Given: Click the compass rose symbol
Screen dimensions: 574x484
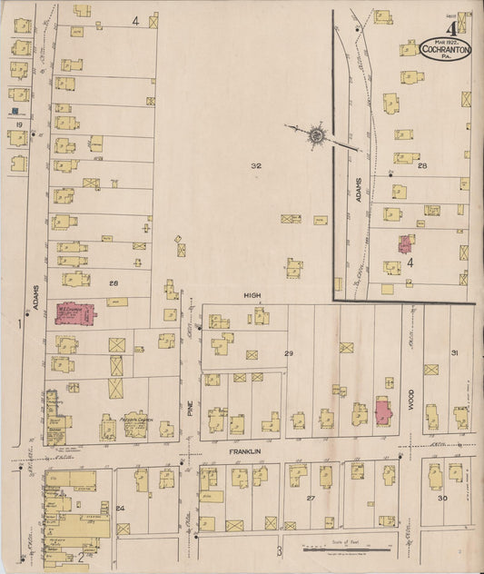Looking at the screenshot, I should tap(316, 135).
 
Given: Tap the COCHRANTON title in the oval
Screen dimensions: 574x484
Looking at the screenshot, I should tap(445, 50).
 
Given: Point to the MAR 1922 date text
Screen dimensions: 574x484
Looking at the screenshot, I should tap(445, 39).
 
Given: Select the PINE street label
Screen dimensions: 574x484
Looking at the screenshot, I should tap(190, 411).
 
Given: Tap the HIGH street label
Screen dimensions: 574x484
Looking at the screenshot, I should tap(252, 296).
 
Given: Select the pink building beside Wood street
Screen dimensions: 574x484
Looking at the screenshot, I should tap(384, 411).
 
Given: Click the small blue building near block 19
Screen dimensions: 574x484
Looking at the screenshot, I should tap(15, 111).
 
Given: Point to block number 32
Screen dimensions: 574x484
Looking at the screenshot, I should tap(256, 165).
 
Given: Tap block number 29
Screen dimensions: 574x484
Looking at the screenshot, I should tap(289, 351).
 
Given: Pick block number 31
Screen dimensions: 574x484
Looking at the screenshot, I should tap(454, 352).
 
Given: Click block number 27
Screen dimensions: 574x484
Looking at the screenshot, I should tap(310, 499).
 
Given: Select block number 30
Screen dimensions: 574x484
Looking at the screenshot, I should tap(443, 499).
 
